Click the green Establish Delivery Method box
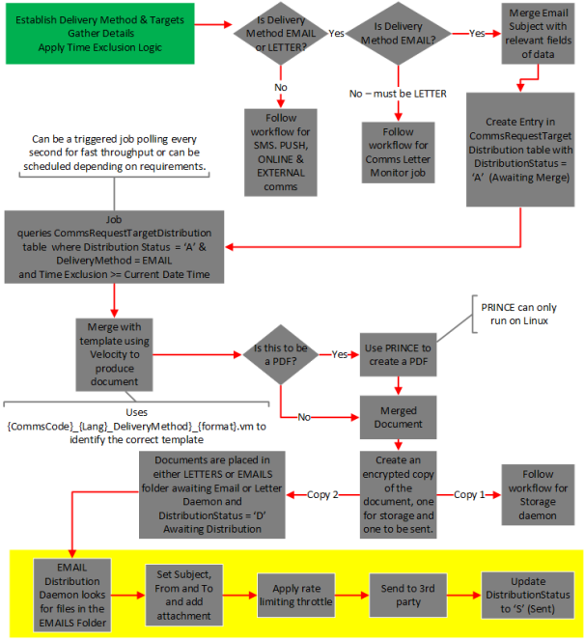click(99, 34)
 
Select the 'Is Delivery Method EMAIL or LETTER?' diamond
click(281, 34)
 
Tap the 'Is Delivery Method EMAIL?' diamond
click(399, 34)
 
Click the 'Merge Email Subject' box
click(538, 34)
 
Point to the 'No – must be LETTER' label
click(398, 94)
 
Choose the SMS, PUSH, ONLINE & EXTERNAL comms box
click(281, 153)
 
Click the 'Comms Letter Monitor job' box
click(398, 153)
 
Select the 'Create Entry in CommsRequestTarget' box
click(520, 150)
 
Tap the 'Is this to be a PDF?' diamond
click(281, 354)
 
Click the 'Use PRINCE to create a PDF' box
click(398, 354)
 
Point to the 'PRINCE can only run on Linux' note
click(518, 314)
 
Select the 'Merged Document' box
click(398, 417)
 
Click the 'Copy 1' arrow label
click(469, 495)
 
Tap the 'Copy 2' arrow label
click(322, 495)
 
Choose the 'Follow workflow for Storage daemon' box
click(538, 495)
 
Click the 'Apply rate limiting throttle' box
click(296, 595)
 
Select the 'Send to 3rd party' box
click(407, 595)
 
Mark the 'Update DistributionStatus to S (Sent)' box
click(527, 595)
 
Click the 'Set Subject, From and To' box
click(183, 595)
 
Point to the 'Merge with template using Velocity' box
click(114, 354)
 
